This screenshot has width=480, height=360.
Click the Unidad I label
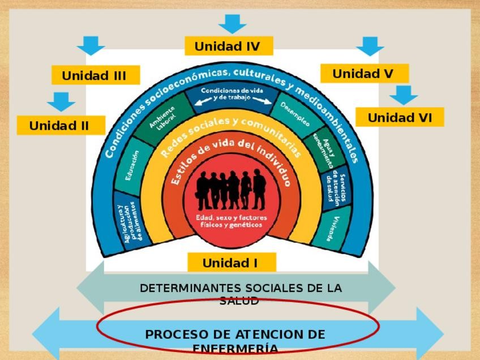click(231, 263)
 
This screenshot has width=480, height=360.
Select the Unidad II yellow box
click(60, 126)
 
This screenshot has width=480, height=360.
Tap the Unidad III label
click(95, 75)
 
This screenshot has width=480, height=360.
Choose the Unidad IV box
click(228, 46)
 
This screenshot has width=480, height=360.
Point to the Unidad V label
click(363, 74)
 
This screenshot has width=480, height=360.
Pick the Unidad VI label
click(400, 117)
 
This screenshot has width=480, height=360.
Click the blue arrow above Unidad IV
click(232, 24)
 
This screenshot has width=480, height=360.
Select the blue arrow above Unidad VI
click(403, 95)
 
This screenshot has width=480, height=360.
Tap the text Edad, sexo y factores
click(231, 217)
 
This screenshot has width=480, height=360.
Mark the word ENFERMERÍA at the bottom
click(235, 349)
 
